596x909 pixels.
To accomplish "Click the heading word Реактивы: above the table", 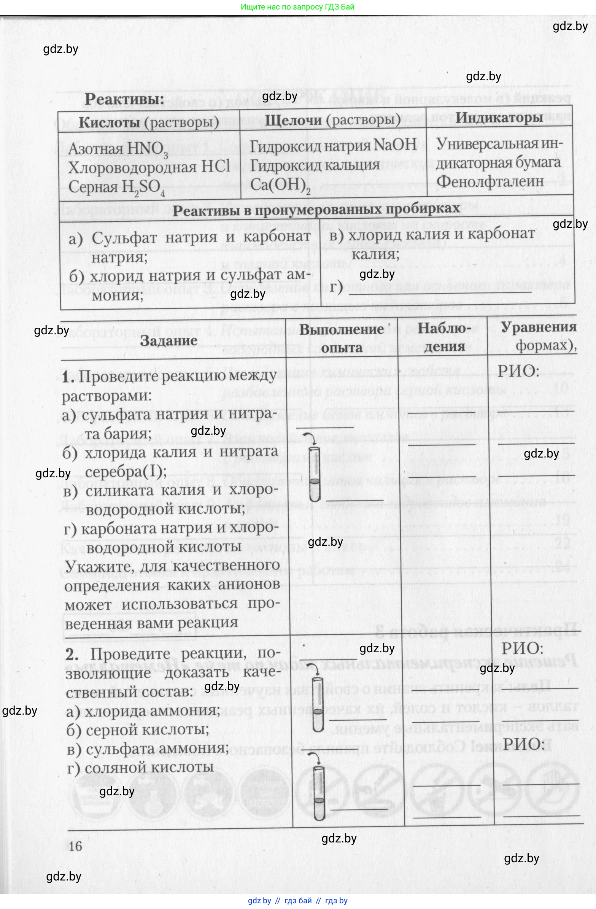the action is pyautogui.click(x=124, y=100).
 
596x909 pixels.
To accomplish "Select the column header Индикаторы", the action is pyautogui.click(x=499, y=118).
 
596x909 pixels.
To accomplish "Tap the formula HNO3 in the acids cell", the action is pyautogui.click(x=147, y=149).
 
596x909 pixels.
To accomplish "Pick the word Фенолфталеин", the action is pyautogui.click(x=490, y=181).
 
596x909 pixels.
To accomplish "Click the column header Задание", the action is pyautogui.click(x=168, y=340).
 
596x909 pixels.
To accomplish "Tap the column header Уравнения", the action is pyautogui.click(x=538, y=327).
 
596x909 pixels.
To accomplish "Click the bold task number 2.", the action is pyautogui.click(x=72, y=654).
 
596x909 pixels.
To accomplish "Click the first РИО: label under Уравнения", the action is pyautogui.click(x=518, y=370).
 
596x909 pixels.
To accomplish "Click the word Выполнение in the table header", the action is pyautogui.click(x=341, y=329).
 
